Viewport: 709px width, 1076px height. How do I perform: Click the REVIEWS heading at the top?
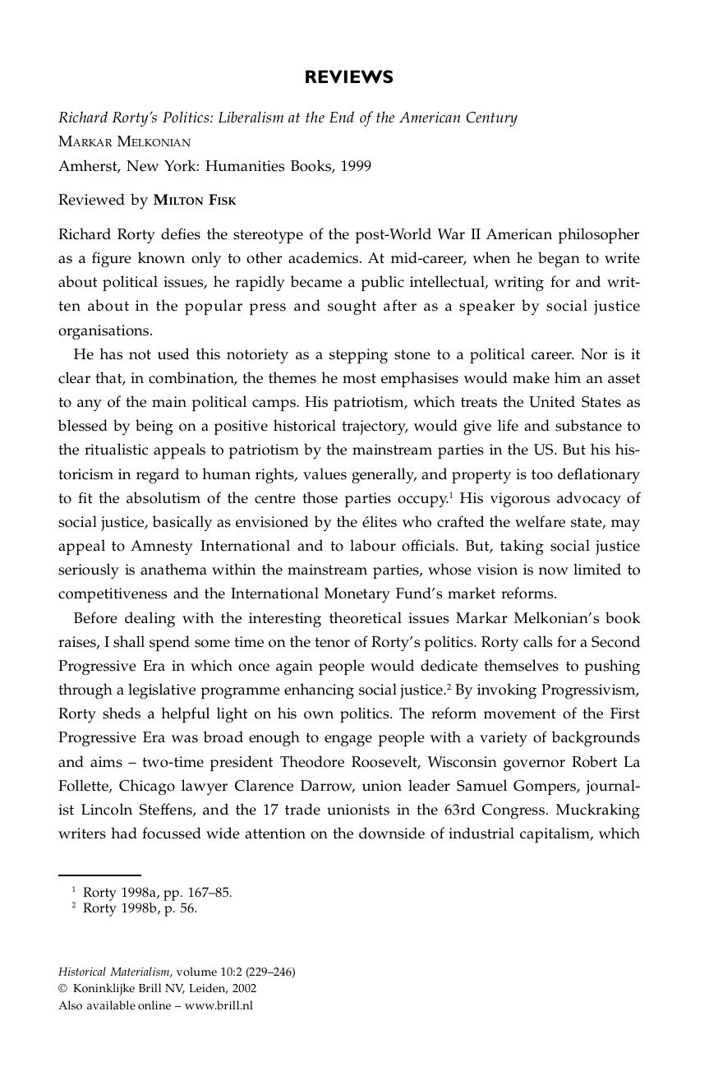tap(348, 77)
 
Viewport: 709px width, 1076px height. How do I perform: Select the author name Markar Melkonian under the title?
tap(124, 141)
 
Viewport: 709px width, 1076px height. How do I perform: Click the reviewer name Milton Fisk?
tap(194, 200)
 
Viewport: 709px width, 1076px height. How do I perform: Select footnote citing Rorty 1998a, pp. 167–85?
tap(156, 892)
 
